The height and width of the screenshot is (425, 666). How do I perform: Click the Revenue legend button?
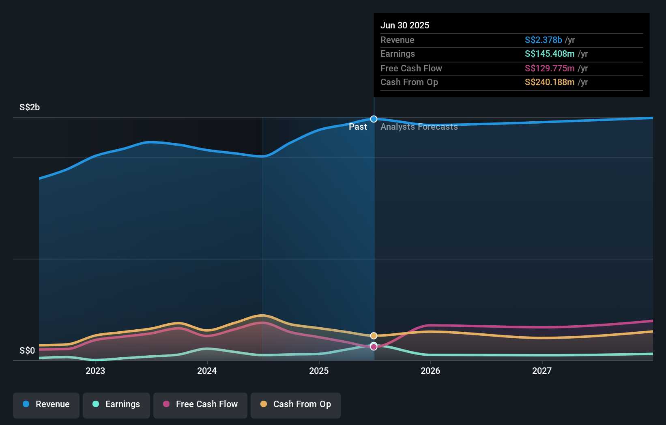click(x=46, y=404)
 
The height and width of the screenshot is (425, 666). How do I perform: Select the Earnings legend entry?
click(x=116, y=404)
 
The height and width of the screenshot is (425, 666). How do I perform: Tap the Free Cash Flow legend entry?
click(x=200, y=404)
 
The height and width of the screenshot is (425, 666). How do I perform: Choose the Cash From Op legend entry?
click(x=296, y=404)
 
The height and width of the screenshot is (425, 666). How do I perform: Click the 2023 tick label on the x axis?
click(x=95, y=371)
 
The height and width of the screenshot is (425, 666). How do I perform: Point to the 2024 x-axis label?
click(x=207, y=371)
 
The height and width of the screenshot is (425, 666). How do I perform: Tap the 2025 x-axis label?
click(x=319, y=371)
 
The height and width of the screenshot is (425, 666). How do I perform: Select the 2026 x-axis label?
click(x=430, y=371)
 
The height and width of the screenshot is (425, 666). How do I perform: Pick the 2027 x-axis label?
click(x=542, y=371)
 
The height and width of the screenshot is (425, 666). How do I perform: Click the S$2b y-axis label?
click(x=30, y=107)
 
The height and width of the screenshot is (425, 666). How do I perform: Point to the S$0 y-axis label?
click(x=27, y=351)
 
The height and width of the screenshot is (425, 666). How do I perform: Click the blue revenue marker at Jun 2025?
click(x=374, y=119)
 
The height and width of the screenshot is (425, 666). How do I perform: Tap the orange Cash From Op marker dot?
click(x=374, y=336)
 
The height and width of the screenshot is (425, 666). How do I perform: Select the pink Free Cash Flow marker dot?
click(x=374, y=347)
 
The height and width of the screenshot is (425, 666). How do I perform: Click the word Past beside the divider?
click(x=358, y=127)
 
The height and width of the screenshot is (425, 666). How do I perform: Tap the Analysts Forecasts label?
click(x=419, y=127)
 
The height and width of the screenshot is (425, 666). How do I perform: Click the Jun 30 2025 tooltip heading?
click(x=405, y=26)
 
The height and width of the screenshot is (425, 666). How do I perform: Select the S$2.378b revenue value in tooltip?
click(x=543, y=40)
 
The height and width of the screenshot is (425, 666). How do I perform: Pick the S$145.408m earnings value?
click(x=550, y=54)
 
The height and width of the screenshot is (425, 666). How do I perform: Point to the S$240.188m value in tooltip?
click(x=550, y=82)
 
